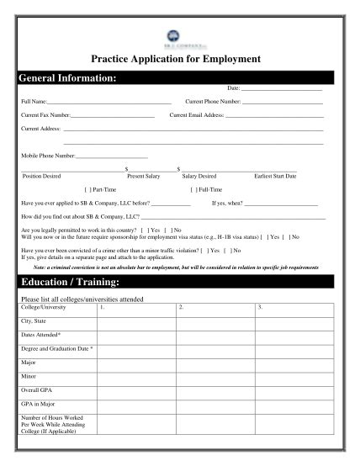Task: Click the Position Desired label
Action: [x=41, y=177]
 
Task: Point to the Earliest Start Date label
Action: [x=274, y=177]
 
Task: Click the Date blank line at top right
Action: [x=282, y=88]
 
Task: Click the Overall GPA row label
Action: [x=39, y=390]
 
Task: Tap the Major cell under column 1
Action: [x=136, y=362]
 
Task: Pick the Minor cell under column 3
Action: [x=296, y=376]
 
